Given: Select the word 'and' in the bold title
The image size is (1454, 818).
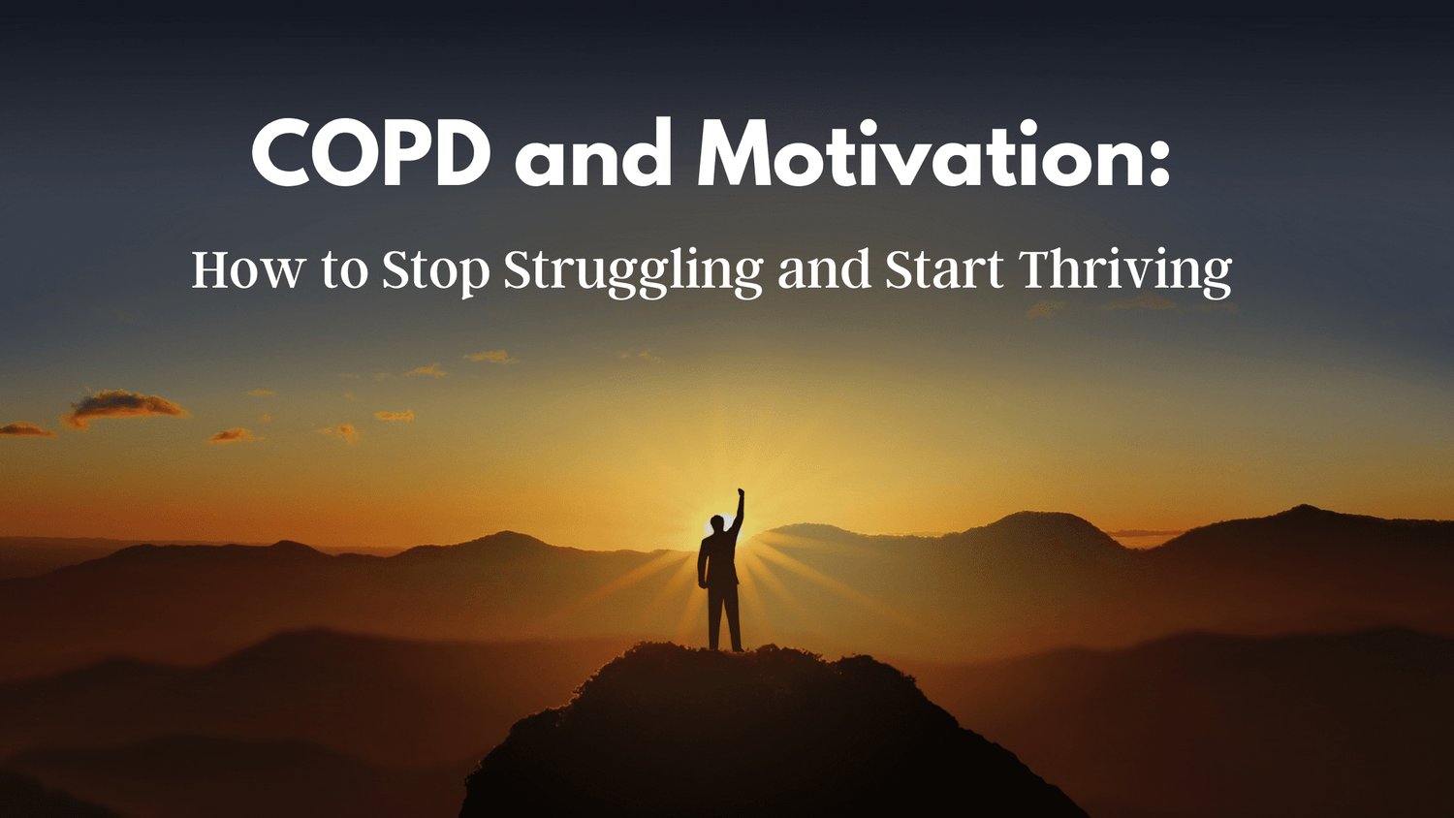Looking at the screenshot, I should [593, 157].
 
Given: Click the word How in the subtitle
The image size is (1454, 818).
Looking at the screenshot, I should [248, 269].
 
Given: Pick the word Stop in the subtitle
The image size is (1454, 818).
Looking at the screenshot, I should [435, 269].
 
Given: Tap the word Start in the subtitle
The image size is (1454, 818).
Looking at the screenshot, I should [944, 269].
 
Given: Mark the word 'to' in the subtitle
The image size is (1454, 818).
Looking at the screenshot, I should [344, 271].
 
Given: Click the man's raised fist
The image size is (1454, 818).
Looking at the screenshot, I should [741, 494].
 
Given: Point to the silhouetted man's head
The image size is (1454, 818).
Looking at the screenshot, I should [717, 523].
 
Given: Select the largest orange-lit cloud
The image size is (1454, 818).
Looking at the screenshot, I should [124, 405].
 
